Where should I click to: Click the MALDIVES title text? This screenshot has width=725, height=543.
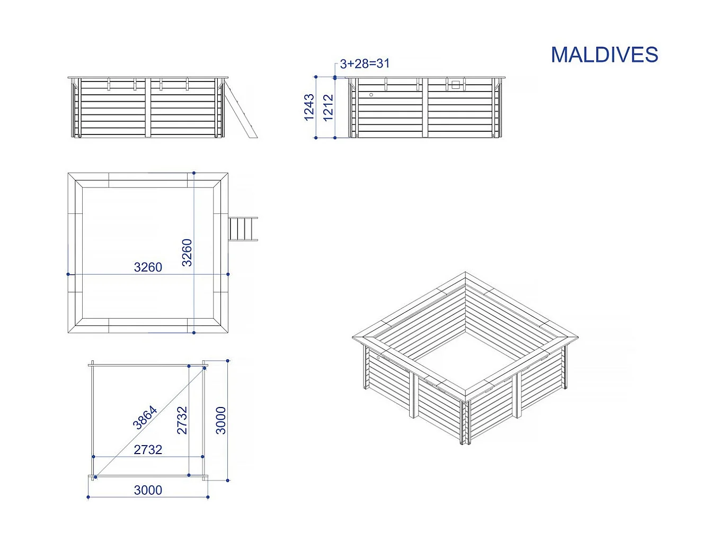point(604,55)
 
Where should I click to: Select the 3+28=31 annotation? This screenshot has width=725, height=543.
point(365,64)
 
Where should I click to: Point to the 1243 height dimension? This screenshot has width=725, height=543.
point(310,107)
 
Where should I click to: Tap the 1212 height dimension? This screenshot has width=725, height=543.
point(329,107)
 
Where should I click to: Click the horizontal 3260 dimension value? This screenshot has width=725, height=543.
point(148,267)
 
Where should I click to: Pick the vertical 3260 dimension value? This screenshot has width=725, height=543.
point(187,252)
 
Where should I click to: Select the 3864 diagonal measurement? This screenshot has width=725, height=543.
point(145,417)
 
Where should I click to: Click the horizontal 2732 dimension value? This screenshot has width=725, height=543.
point(148,450)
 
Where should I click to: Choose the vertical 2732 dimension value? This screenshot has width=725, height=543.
point(182,420)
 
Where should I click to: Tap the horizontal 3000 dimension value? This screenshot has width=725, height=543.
point(148,491)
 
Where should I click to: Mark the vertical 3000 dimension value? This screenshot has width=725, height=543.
point(221,420)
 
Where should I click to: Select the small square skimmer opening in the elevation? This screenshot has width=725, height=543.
point(455,84)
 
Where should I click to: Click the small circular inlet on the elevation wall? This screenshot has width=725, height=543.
point(371,95)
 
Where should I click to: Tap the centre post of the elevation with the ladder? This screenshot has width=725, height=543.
point(148,108)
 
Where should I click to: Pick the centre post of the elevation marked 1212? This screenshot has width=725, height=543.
point(425,108)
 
